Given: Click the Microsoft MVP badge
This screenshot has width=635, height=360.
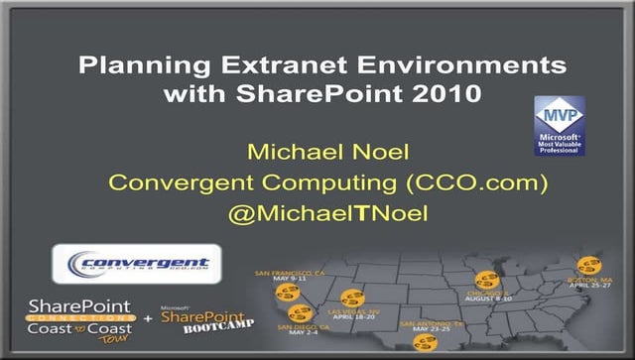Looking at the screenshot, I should coord(559,126).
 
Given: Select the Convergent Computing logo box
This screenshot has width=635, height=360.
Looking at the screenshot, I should coord(136,264).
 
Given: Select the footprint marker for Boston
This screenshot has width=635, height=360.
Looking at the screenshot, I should coord(589,265).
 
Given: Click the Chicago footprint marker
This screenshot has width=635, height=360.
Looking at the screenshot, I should coord(486,279).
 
